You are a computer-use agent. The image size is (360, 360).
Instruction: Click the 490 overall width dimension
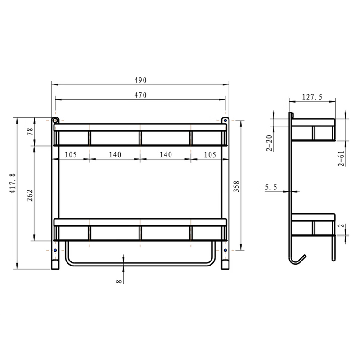[x=140, y=80]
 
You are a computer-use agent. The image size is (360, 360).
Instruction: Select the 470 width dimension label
[x=140, y=95]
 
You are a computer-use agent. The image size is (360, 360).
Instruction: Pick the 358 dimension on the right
[x=237, y=187]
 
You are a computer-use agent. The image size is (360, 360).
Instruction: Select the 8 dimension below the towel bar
[x=119, y=280]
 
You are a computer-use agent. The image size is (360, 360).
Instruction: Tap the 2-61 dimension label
[x=342, y=158]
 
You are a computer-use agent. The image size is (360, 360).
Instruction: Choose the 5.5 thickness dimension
[x=271, y=186]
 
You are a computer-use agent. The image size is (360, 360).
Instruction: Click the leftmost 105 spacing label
[x=71, y=154]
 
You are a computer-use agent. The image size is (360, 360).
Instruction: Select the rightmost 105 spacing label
[x=210, y=154]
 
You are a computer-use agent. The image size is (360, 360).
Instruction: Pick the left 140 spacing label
[x=115, y=154]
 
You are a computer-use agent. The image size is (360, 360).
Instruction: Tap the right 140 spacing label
[x=166, y=154]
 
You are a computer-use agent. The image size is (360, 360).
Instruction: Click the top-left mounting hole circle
[x=55, y=121]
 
